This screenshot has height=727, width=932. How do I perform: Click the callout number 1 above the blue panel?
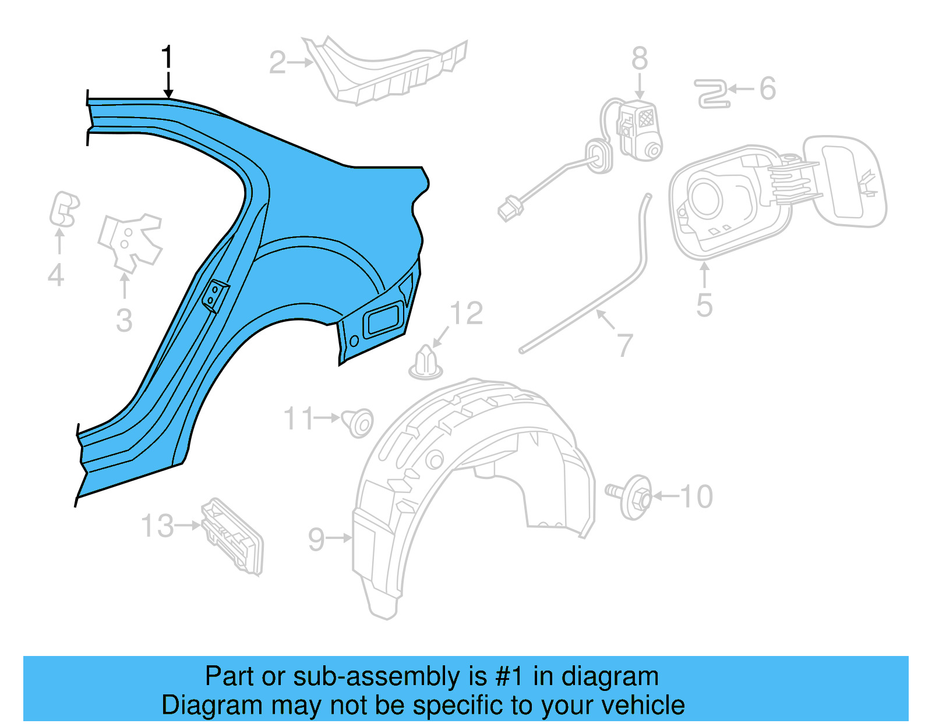167,57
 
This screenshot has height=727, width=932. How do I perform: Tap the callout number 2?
277,62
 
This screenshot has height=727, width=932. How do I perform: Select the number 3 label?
124,321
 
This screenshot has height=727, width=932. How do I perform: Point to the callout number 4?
56,275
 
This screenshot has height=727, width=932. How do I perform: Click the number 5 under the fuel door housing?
704,306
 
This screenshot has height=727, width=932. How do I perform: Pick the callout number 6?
768,89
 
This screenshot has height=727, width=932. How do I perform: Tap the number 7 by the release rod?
624,345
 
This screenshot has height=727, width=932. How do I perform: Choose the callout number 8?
640,59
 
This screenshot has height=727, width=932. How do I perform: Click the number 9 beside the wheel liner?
316,540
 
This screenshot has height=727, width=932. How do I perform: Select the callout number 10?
697,497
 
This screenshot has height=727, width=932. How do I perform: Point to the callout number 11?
299,419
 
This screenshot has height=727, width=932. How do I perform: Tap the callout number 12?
467,314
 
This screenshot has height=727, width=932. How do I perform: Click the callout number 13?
157,526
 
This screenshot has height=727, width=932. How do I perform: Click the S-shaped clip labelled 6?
712,94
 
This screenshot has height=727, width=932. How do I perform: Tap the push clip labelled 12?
426,363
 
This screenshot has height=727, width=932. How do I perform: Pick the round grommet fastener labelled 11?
358,422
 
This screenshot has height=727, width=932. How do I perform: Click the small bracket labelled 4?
63,210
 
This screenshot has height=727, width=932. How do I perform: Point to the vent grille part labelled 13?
232,536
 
